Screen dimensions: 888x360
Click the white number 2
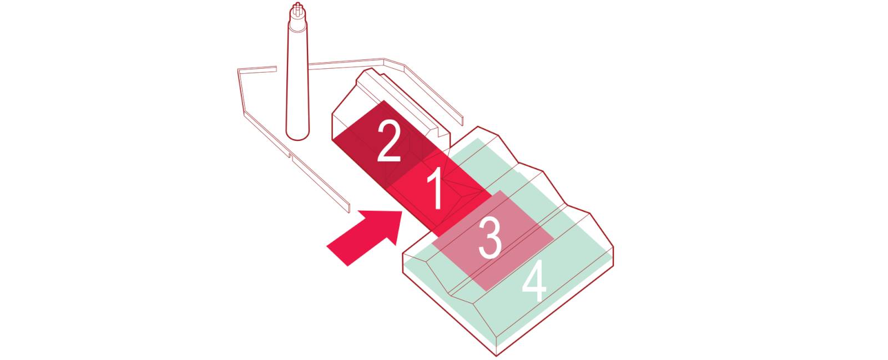(x=389, y=140)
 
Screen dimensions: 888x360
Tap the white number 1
(x=435, y=188)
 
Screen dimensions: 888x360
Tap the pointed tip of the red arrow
(x=402, y=211)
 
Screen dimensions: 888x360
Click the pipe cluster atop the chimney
(x=297, y=10)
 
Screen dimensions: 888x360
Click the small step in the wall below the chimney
(x=291, y=156)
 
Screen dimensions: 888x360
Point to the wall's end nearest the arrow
(x=349, y=209)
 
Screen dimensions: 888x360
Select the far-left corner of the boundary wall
(x=238, y=70)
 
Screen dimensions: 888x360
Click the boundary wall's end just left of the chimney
(x=276, y=69)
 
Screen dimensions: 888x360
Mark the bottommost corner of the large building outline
(x=496, y=355)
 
